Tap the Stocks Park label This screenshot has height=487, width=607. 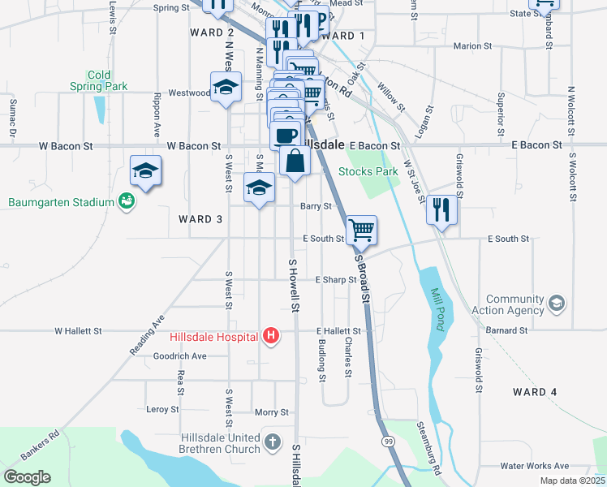(368, 171)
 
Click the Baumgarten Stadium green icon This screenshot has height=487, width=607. (126, 200)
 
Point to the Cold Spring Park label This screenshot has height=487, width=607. (99, 80)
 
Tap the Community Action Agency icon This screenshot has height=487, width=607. (557, 304)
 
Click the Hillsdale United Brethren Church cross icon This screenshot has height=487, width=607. (273, 443)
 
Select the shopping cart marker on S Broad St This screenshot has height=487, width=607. (361, 229)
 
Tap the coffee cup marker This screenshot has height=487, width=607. (286, 134)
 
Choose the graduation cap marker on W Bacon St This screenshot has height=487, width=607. (145, 170)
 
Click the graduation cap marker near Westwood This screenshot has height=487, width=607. (226, 87)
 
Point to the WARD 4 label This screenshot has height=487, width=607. (536, 392)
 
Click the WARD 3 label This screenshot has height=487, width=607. (196, 219)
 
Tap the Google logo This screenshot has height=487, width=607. (27, 476)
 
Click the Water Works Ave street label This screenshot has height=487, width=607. (535, 466)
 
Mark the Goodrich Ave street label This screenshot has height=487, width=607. (179, 356)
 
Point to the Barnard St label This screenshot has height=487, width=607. (508, 331)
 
